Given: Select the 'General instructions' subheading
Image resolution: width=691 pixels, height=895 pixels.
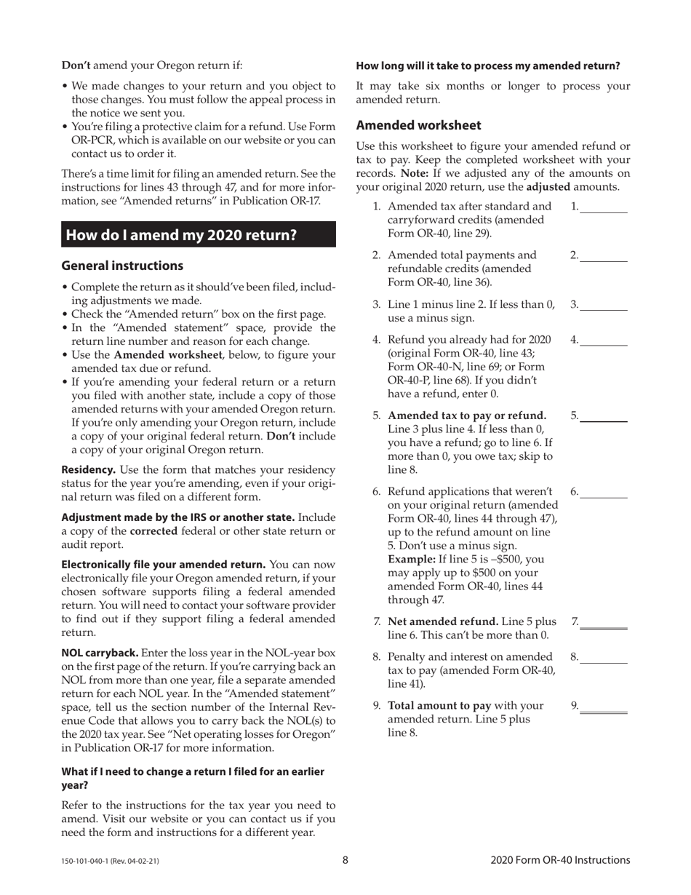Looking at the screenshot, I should click(122, 266).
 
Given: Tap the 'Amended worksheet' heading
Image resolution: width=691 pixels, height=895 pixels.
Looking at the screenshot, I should click(418, 125).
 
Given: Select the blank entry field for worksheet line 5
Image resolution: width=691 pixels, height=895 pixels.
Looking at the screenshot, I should click(603, 415).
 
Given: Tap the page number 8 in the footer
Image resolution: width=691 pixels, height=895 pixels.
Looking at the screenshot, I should click(345, 860).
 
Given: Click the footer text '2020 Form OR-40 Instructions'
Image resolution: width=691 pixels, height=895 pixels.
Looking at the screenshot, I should click(560, 860).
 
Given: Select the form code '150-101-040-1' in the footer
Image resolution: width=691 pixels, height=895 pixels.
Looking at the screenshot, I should click(86, 862).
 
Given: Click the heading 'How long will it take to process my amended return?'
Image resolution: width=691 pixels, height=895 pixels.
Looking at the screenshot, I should click(487, 65).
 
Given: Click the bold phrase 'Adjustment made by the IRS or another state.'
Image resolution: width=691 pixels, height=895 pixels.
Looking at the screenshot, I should click(178, 517).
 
